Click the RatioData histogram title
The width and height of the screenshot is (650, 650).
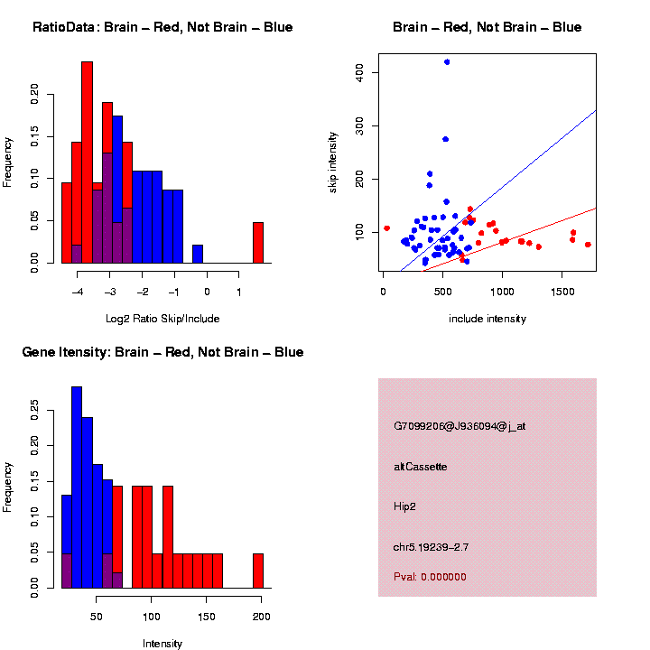pos(162,27)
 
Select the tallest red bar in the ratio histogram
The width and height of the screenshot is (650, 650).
pos(88,162)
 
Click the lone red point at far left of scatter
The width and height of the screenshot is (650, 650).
pos(386,228)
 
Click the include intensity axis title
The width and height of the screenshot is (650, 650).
pos(487,319)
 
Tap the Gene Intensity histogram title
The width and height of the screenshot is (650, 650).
pos(162,352)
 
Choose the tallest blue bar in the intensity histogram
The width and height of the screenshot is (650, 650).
pos(77,487)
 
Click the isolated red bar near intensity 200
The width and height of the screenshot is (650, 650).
pos(258,571)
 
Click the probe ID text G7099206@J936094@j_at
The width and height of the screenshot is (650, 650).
pos(460,426)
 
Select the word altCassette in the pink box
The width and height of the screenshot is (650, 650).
pos(421,467)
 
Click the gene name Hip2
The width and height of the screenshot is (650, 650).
pos(405,506)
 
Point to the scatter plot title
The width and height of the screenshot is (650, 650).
pos(487,27)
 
